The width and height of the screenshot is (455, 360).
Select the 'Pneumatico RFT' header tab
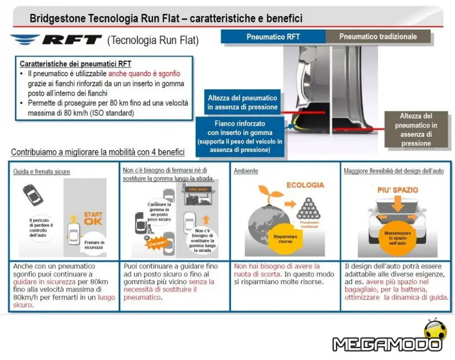(272, 37)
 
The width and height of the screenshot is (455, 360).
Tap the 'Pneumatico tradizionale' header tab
(378, 37)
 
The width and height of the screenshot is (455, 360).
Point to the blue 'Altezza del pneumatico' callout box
(242, 102)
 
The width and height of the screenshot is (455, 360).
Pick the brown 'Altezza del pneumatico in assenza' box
(416, 129)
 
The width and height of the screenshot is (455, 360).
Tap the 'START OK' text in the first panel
(93, 218)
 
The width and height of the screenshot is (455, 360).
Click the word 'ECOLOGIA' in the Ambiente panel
(305, 185)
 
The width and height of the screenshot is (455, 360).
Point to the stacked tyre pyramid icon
(309, 206)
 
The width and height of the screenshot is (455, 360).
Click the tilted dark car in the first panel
(33, 195)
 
